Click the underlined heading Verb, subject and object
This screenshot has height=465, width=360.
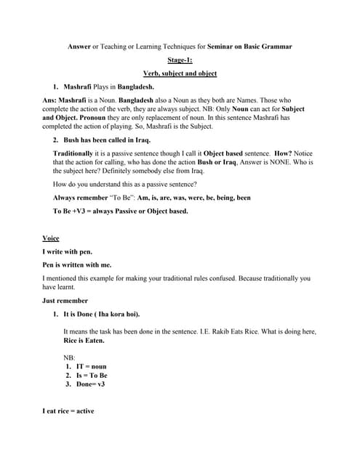tap(180, 73)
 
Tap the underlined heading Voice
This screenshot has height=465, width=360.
tap(51, 238)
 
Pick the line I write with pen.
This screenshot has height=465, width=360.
tap(68, 251)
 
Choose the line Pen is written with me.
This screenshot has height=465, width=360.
tap(77, 264)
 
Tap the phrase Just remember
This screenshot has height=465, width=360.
tap(65, 300)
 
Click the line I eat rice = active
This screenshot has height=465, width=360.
tap(68, 412)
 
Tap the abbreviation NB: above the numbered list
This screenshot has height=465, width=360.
tap(70, 358)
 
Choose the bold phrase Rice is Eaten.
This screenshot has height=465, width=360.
tap(84, 340)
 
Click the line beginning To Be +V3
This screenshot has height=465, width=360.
tap(120, 211)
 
